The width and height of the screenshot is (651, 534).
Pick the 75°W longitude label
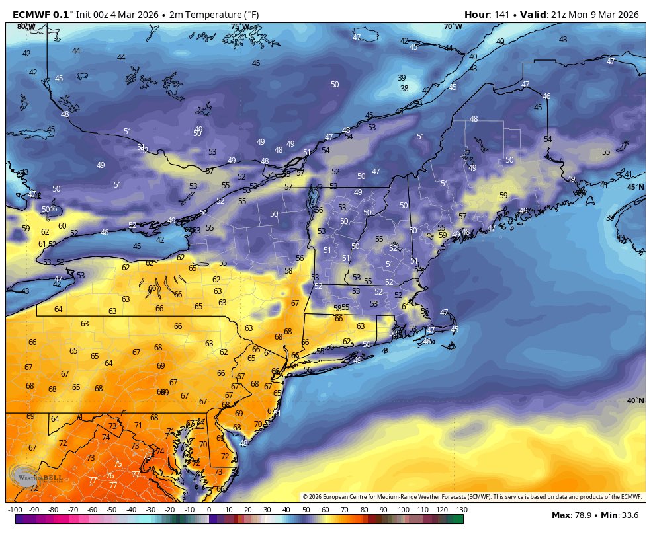point(239,27)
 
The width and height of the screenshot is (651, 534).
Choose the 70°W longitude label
point(453,26)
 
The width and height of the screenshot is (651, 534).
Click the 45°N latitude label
point(635,187)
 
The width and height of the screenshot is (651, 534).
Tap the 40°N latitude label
point(635,400)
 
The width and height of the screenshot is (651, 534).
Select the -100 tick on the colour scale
point(15,510)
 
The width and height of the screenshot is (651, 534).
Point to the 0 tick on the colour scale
point(209,510)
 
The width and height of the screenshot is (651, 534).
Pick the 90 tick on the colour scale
point(383,510)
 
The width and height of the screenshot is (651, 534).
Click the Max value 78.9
point(586,515)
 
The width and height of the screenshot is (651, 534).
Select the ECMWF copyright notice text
point(472,497)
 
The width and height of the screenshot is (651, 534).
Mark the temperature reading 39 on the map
point(402,77)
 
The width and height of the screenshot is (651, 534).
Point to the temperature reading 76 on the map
point(110,475)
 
